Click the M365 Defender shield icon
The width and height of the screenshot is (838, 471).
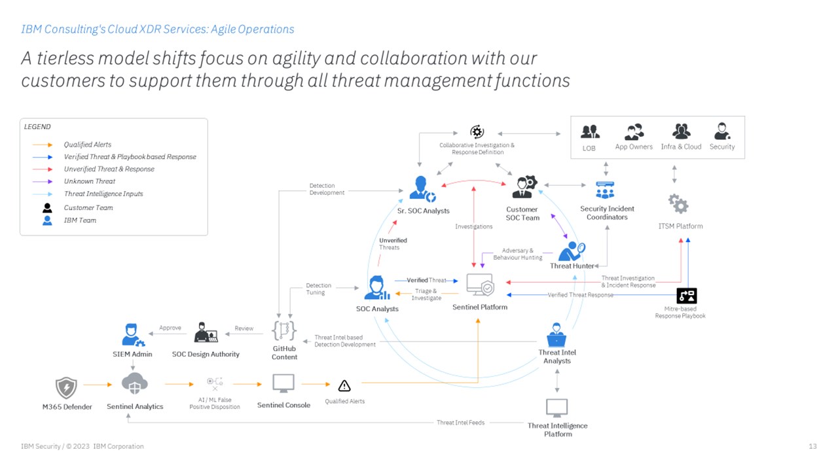coord(66,387)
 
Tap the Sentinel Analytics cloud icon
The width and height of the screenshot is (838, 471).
coord(134,384)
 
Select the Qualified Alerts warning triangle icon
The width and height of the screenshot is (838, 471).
coord(344,385)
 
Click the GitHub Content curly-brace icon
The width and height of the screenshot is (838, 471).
coord(284,330)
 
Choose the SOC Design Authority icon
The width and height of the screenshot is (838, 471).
coord(206,333)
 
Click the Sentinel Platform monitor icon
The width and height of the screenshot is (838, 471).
coord(480,286)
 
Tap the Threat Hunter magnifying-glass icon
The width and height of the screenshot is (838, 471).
coord(572,251)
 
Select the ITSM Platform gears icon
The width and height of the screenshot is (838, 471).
coord(679,203)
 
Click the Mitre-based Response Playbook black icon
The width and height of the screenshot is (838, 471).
coord(686,296)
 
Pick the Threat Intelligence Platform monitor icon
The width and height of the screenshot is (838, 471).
coord(557,408)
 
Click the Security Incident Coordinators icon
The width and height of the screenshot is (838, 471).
coord(605,190)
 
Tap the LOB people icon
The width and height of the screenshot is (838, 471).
coord(590,131)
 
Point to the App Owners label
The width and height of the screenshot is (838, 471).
coord(634,147)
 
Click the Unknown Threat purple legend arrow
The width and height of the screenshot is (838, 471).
coord(43,182)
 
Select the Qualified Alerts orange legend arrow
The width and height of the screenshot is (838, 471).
coord(43,145)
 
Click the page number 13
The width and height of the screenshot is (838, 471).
coord(812,446)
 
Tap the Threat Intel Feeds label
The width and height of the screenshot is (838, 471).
coord(460,423)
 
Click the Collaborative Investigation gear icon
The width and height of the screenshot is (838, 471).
coord(477,132)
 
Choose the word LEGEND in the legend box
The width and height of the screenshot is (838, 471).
coord(37,127)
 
